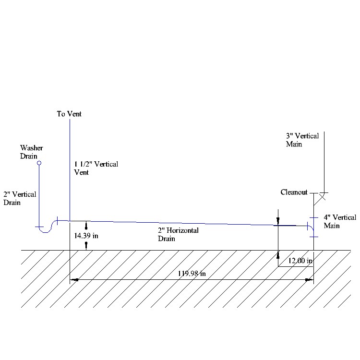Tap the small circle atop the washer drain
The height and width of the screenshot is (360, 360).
(x=39, y=163)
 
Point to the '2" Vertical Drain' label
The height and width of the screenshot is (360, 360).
(x=20, y=198)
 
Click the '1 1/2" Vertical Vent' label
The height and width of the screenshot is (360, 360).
(x=96, y=168)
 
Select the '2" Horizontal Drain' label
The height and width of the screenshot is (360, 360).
(x=179, y=234)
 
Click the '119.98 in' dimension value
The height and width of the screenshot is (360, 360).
(x=192, y=274)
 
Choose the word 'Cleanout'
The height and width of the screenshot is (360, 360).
(x=294, y=192)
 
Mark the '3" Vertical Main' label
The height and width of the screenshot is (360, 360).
(x=302, y=140)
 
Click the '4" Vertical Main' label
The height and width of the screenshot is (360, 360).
(x=340, y=221)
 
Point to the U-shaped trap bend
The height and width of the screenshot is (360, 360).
(x=46, y=230)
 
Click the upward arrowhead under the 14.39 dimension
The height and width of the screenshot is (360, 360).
(x=86, y=245)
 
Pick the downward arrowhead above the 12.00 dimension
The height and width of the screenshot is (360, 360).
(x=278, y=220)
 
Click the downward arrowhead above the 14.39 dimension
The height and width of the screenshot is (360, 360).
(x=86, y=224)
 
